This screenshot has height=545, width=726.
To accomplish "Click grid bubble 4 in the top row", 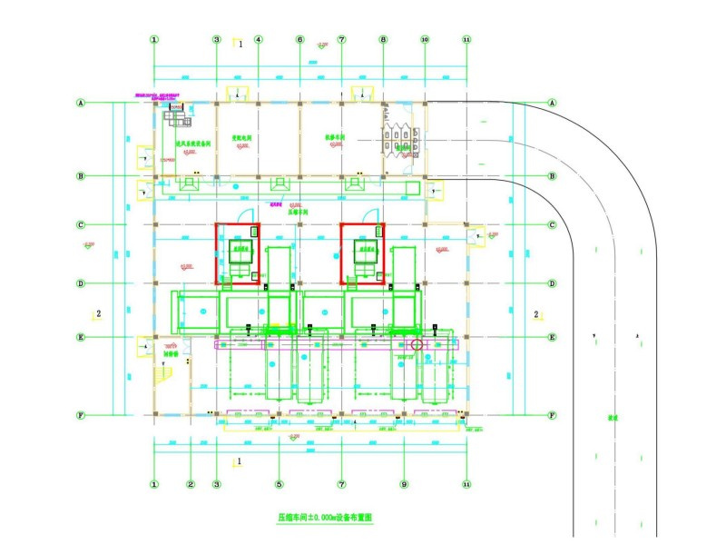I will click(258, 40).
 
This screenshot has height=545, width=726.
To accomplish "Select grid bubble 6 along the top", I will click(299, 40).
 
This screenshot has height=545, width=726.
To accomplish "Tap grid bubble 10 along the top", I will click(425, 40).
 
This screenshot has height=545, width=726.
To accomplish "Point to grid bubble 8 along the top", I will click(383, 40).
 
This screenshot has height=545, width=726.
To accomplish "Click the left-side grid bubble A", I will click(81, 104).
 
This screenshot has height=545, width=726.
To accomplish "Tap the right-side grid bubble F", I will click(552, 415).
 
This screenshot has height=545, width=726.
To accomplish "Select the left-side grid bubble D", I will click(81, 283).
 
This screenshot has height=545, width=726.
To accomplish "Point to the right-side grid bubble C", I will click(552, 225).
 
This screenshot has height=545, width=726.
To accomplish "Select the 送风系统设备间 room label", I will click(192, 144).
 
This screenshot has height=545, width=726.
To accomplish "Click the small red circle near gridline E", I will click(417, 344).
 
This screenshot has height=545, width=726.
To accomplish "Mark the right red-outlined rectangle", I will click(363, 253).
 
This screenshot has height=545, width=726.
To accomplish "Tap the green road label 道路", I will click(613, 419).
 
